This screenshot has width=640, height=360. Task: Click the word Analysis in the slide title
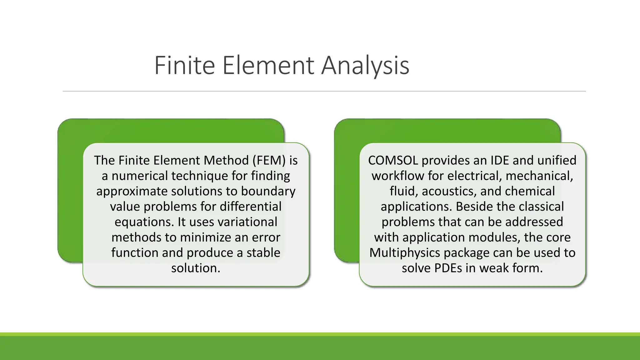tap(365, 66)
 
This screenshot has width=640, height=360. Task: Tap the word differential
tap(251, 206)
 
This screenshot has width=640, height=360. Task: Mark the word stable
tap(263, 252)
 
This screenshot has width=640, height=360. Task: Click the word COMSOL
tap(393, 160)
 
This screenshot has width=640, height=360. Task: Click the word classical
tap(541, 206)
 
